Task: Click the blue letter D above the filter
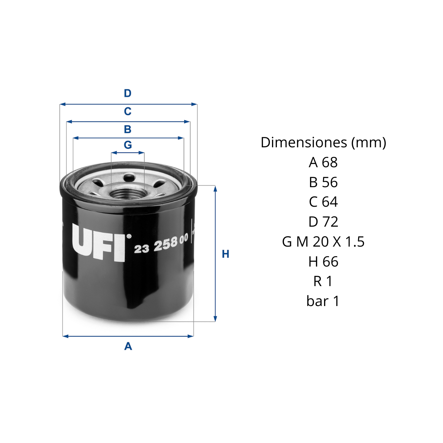128,93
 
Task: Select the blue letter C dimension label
128,111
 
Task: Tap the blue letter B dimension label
128,129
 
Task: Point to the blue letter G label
128,145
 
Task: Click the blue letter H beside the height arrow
226,254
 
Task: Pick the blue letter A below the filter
128,346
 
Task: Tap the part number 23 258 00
161,243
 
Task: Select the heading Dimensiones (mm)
323,143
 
